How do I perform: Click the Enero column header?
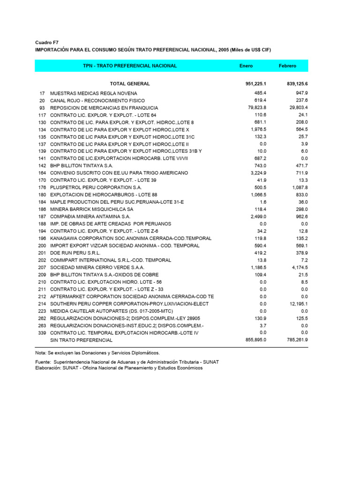click(246, 66)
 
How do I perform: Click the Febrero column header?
click(287, 66)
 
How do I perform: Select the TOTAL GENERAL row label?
click(130, 84)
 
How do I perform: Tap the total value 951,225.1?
click(253, 84)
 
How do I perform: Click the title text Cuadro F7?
click(47, 43)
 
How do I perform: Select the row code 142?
click(42, 166)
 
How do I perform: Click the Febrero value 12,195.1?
click(298, 304)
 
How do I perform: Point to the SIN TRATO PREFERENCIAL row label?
click(82, 340)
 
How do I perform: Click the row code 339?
click(42, 333)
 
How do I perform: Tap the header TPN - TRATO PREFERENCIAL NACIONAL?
click(130, 66)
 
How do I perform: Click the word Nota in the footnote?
click(41, 352)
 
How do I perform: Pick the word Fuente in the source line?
click(43, 362)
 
